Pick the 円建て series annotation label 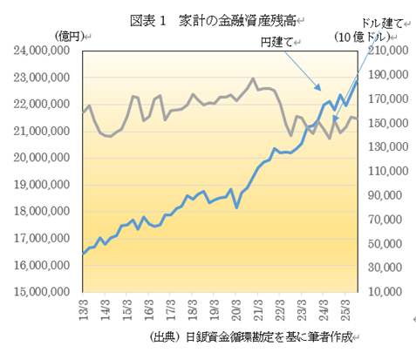pyautogui.click(x=280, y=41)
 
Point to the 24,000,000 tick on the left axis pyautogui.click(x=42, y=51)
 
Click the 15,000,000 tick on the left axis pyautogui.click(x=42, y=293)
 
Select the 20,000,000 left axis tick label pyautogui.click(x=42, y=159)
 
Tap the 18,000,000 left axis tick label pyautogui.click(x=42, y=213)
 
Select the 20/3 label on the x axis pyautogui.click(x=236, y=310)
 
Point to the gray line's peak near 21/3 pyautogui.click(x=253, y=79)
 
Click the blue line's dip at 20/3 pyautogui.click(x=236, y=207)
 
